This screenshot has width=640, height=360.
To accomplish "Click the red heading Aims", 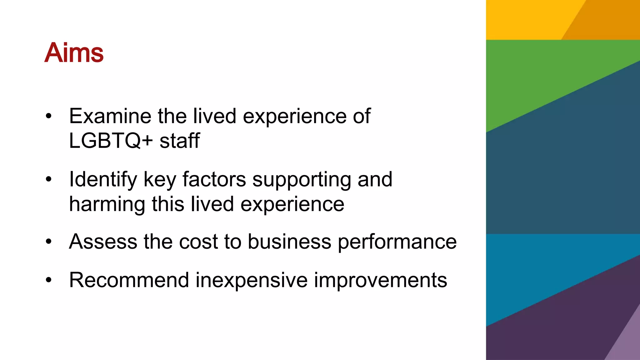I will [74, 52].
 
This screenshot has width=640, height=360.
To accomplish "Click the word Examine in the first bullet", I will [110, 116].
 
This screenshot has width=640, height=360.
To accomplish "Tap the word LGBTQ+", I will [111, 141].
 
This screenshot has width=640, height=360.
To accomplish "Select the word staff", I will [180, 141].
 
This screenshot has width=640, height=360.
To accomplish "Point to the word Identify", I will [103, 180].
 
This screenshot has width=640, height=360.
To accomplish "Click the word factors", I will [214, 179].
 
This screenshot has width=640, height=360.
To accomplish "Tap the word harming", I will [107, 204].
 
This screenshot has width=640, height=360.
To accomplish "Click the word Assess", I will [103, 242].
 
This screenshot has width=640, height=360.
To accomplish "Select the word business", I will [289, 242].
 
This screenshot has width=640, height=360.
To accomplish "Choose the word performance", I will [397, 242].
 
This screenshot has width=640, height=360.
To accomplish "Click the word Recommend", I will [129, 280].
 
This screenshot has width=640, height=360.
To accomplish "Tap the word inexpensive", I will [252, 280].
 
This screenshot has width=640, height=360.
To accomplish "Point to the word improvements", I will [380, 280].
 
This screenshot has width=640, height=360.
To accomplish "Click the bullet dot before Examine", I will [48, 117].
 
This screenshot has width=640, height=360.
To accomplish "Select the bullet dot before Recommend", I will [48, 280].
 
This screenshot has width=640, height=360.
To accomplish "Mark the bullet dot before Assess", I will [48, 242].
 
